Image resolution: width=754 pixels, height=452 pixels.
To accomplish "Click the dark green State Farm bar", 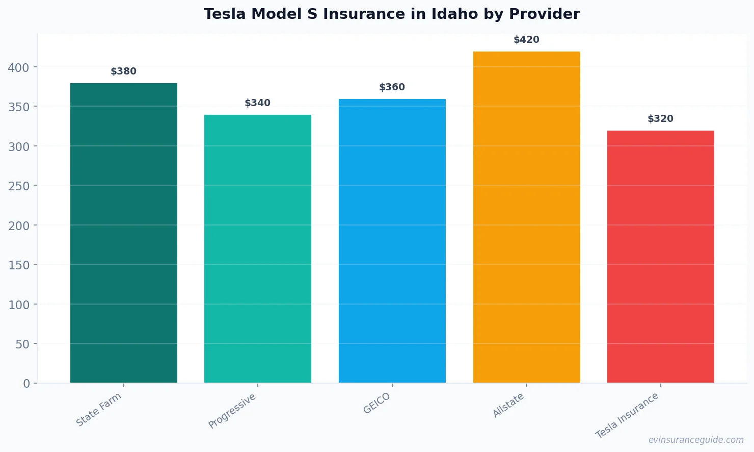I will [124, 233].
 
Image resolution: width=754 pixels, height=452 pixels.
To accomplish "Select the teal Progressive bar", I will [258, 248].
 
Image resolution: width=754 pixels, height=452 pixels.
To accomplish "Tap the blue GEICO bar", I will [392, 241].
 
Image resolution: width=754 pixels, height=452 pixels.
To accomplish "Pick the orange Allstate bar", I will [526, 217].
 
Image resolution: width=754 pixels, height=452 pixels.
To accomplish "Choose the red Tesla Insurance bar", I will [661, 257].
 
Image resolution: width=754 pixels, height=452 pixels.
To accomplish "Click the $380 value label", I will [124, 71].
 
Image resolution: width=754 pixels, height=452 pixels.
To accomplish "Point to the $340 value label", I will [258, 103].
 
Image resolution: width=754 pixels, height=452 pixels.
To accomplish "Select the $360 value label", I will [392, 87].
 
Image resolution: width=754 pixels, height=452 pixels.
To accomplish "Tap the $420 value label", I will [526, 40].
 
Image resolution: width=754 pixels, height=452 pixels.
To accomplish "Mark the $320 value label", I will [661, 119].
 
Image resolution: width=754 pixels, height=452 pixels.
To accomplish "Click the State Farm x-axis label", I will [99, 409].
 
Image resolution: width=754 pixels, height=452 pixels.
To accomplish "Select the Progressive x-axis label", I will [232, 411].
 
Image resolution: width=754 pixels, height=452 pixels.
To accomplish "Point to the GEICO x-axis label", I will [376, 403].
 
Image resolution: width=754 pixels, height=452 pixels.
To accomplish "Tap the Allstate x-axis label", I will [508, 406].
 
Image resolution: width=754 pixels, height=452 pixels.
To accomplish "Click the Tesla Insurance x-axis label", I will [627, 415].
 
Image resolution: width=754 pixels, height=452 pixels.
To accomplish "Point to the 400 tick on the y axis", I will [18, 67].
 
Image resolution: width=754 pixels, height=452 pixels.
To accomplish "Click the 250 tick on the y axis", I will [18, 186].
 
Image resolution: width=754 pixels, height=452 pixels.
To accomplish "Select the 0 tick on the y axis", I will [26, 384].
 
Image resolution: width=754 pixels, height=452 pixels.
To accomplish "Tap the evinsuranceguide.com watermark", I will [696, 440].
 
